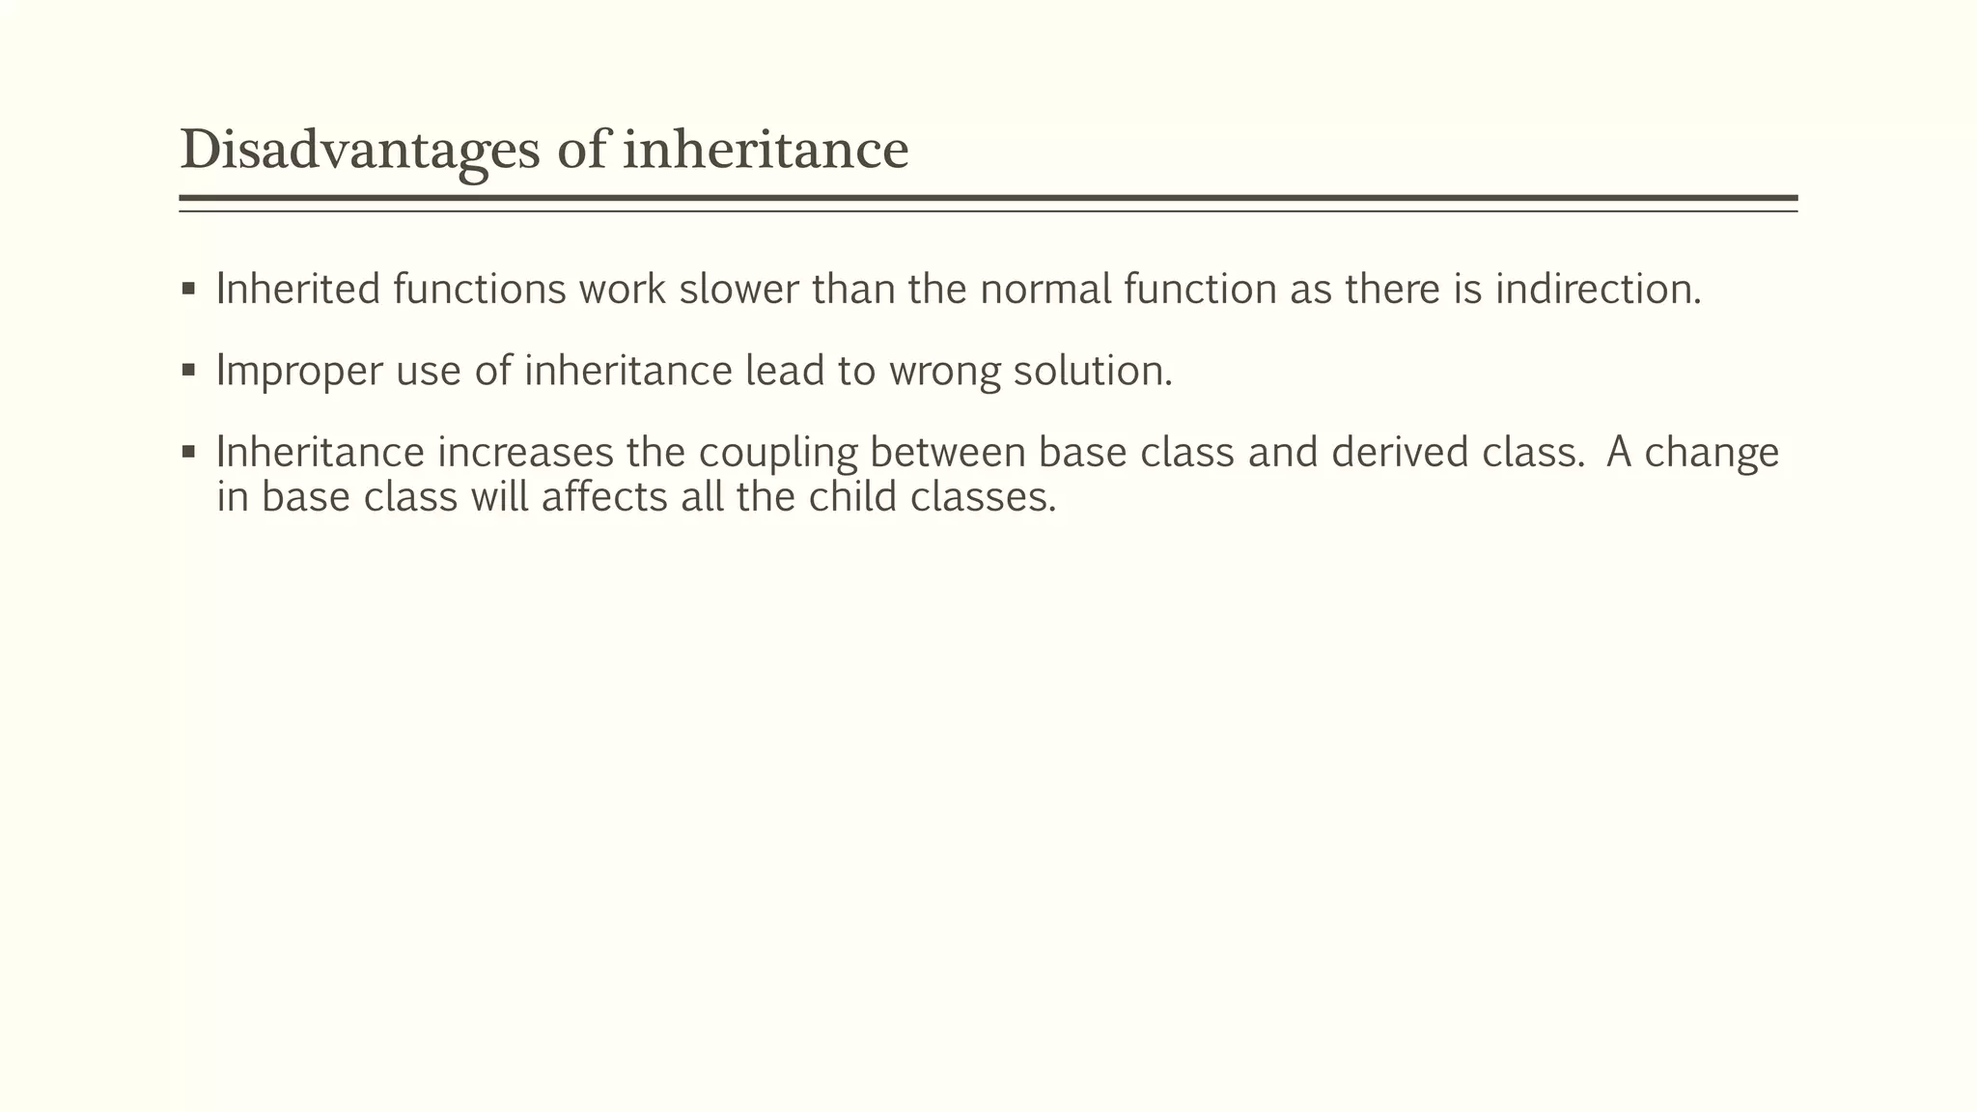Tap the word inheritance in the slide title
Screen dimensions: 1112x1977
[x=766, y=151]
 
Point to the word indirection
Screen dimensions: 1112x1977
[x=1598, y=289]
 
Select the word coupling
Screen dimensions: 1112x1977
[x=778, y=452]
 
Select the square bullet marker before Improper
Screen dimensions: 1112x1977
[x=188, y=370]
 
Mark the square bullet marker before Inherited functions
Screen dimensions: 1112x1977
[x=188, y=288]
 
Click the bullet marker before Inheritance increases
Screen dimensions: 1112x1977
[x=188, y=451]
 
